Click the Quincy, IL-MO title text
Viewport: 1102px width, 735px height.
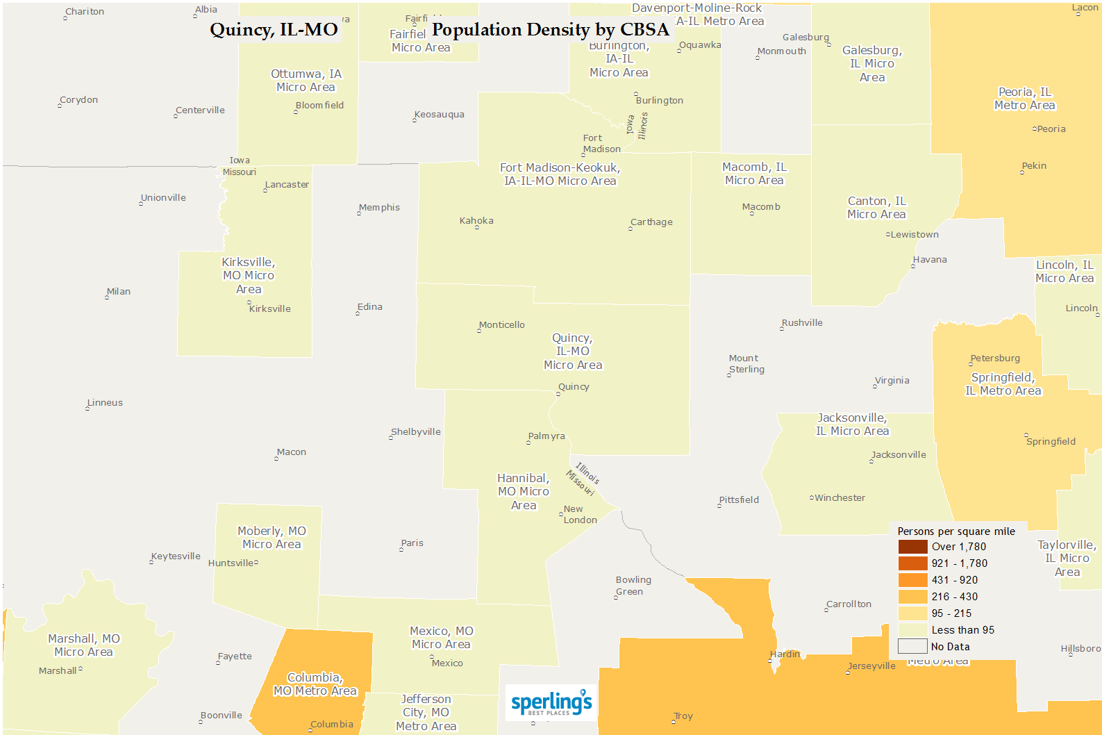(274, 30)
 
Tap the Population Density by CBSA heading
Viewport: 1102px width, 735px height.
(550, 30)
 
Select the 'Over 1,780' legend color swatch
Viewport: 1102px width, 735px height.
(912, 547)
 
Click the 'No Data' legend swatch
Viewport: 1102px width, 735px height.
(912, 647)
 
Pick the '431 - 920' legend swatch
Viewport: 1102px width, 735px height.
(912, 580)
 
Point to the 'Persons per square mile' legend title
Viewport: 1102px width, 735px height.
(955, 531)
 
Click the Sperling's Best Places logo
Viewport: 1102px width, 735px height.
(551, 702)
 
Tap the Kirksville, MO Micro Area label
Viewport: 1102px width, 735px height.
(249, 276)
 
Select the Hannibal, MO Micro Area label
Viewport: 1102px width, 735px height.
(524, 492)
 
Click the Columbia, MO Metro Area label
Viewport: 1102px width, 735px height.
(315, 684)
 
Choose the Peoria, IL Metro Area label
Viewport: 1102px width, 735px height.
(1024, 99)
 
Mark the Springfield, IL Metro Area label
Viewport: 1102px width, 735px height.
(1003, 384)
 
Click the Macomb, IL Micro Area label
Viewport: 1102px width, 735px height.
(754, 174)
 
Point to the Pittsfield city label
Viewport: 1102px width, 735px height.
(739, 500)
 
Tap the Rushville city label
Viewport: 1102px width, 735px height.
(802, 323)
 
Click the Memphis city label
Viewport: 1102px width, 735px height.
(379, 208)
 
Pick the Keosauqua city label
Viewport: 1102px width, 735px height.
(439, 115)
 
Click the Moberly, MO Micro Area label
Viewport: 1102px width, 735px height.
(272, 538)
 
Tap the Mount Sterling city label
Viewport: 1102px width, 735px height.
(746, 364)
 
